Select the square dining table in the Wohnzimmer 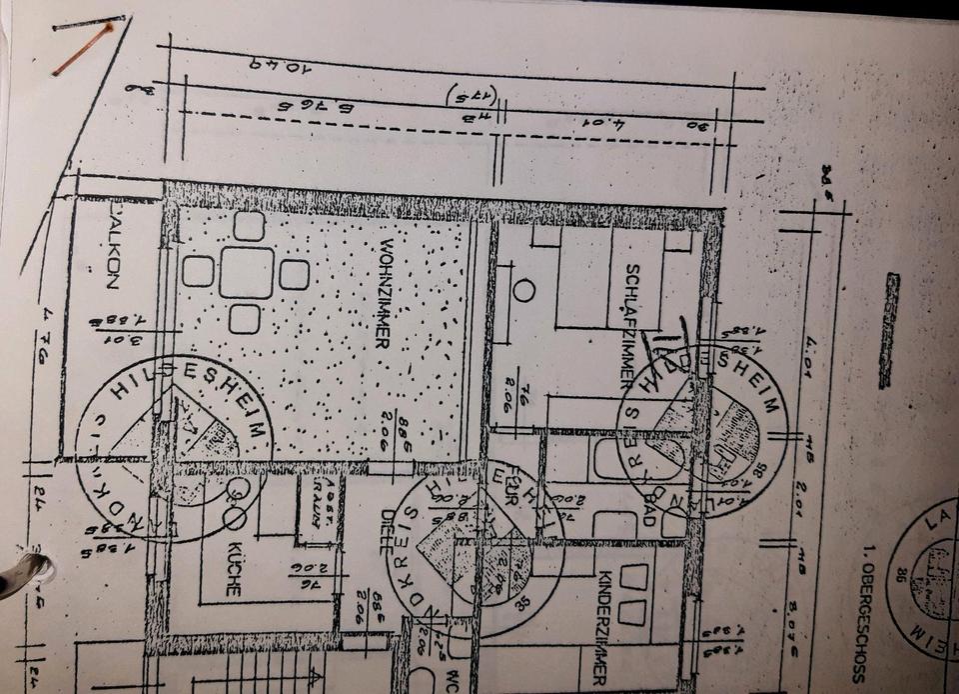click(x=246, y=272)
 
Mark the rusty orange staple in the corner click(x=83, y=49)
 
